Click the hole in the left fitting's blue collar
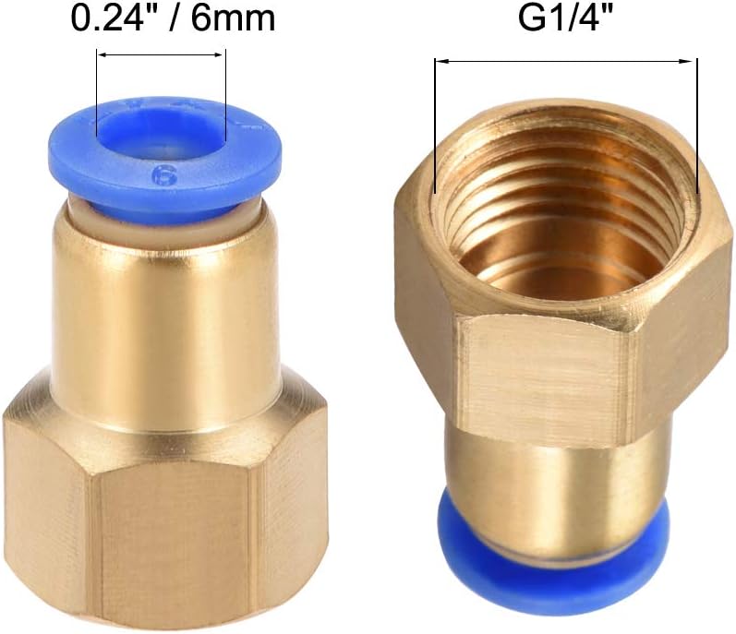[163, 135]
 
